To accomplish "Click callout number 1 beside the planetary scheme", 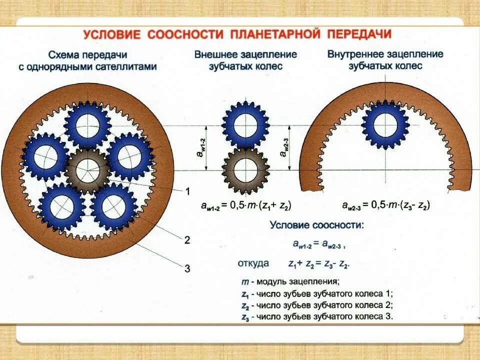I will click(x=187, y=191).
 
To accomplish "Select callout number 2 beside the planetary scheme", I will click(x=187, y=240).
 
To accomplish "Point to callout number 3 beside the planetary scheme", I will click(x=187, y=268).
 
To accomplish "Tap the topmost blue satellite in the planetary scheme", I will click(x=87, y=124).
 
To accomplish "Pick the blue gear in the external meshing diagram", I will click(x=245, y=124).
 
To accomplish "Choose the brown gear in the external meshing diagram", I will click(x=245, y=170).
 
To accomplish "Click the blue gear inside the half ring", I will click(x=385, y=124).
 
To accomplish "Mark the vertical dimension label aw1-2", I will click(x=200, y=147).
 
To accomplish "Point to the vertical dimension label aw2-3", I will click(x=284, y=148).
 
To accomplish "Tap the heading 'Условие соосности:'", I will click(x=317, y=225).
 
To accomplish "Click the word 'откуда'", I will click(x=253, y=263).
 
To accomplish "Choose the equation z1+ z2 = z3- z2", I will click(x=318, y=263).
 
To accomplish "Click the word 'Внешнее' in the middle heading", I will click(x=216, y=54).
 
